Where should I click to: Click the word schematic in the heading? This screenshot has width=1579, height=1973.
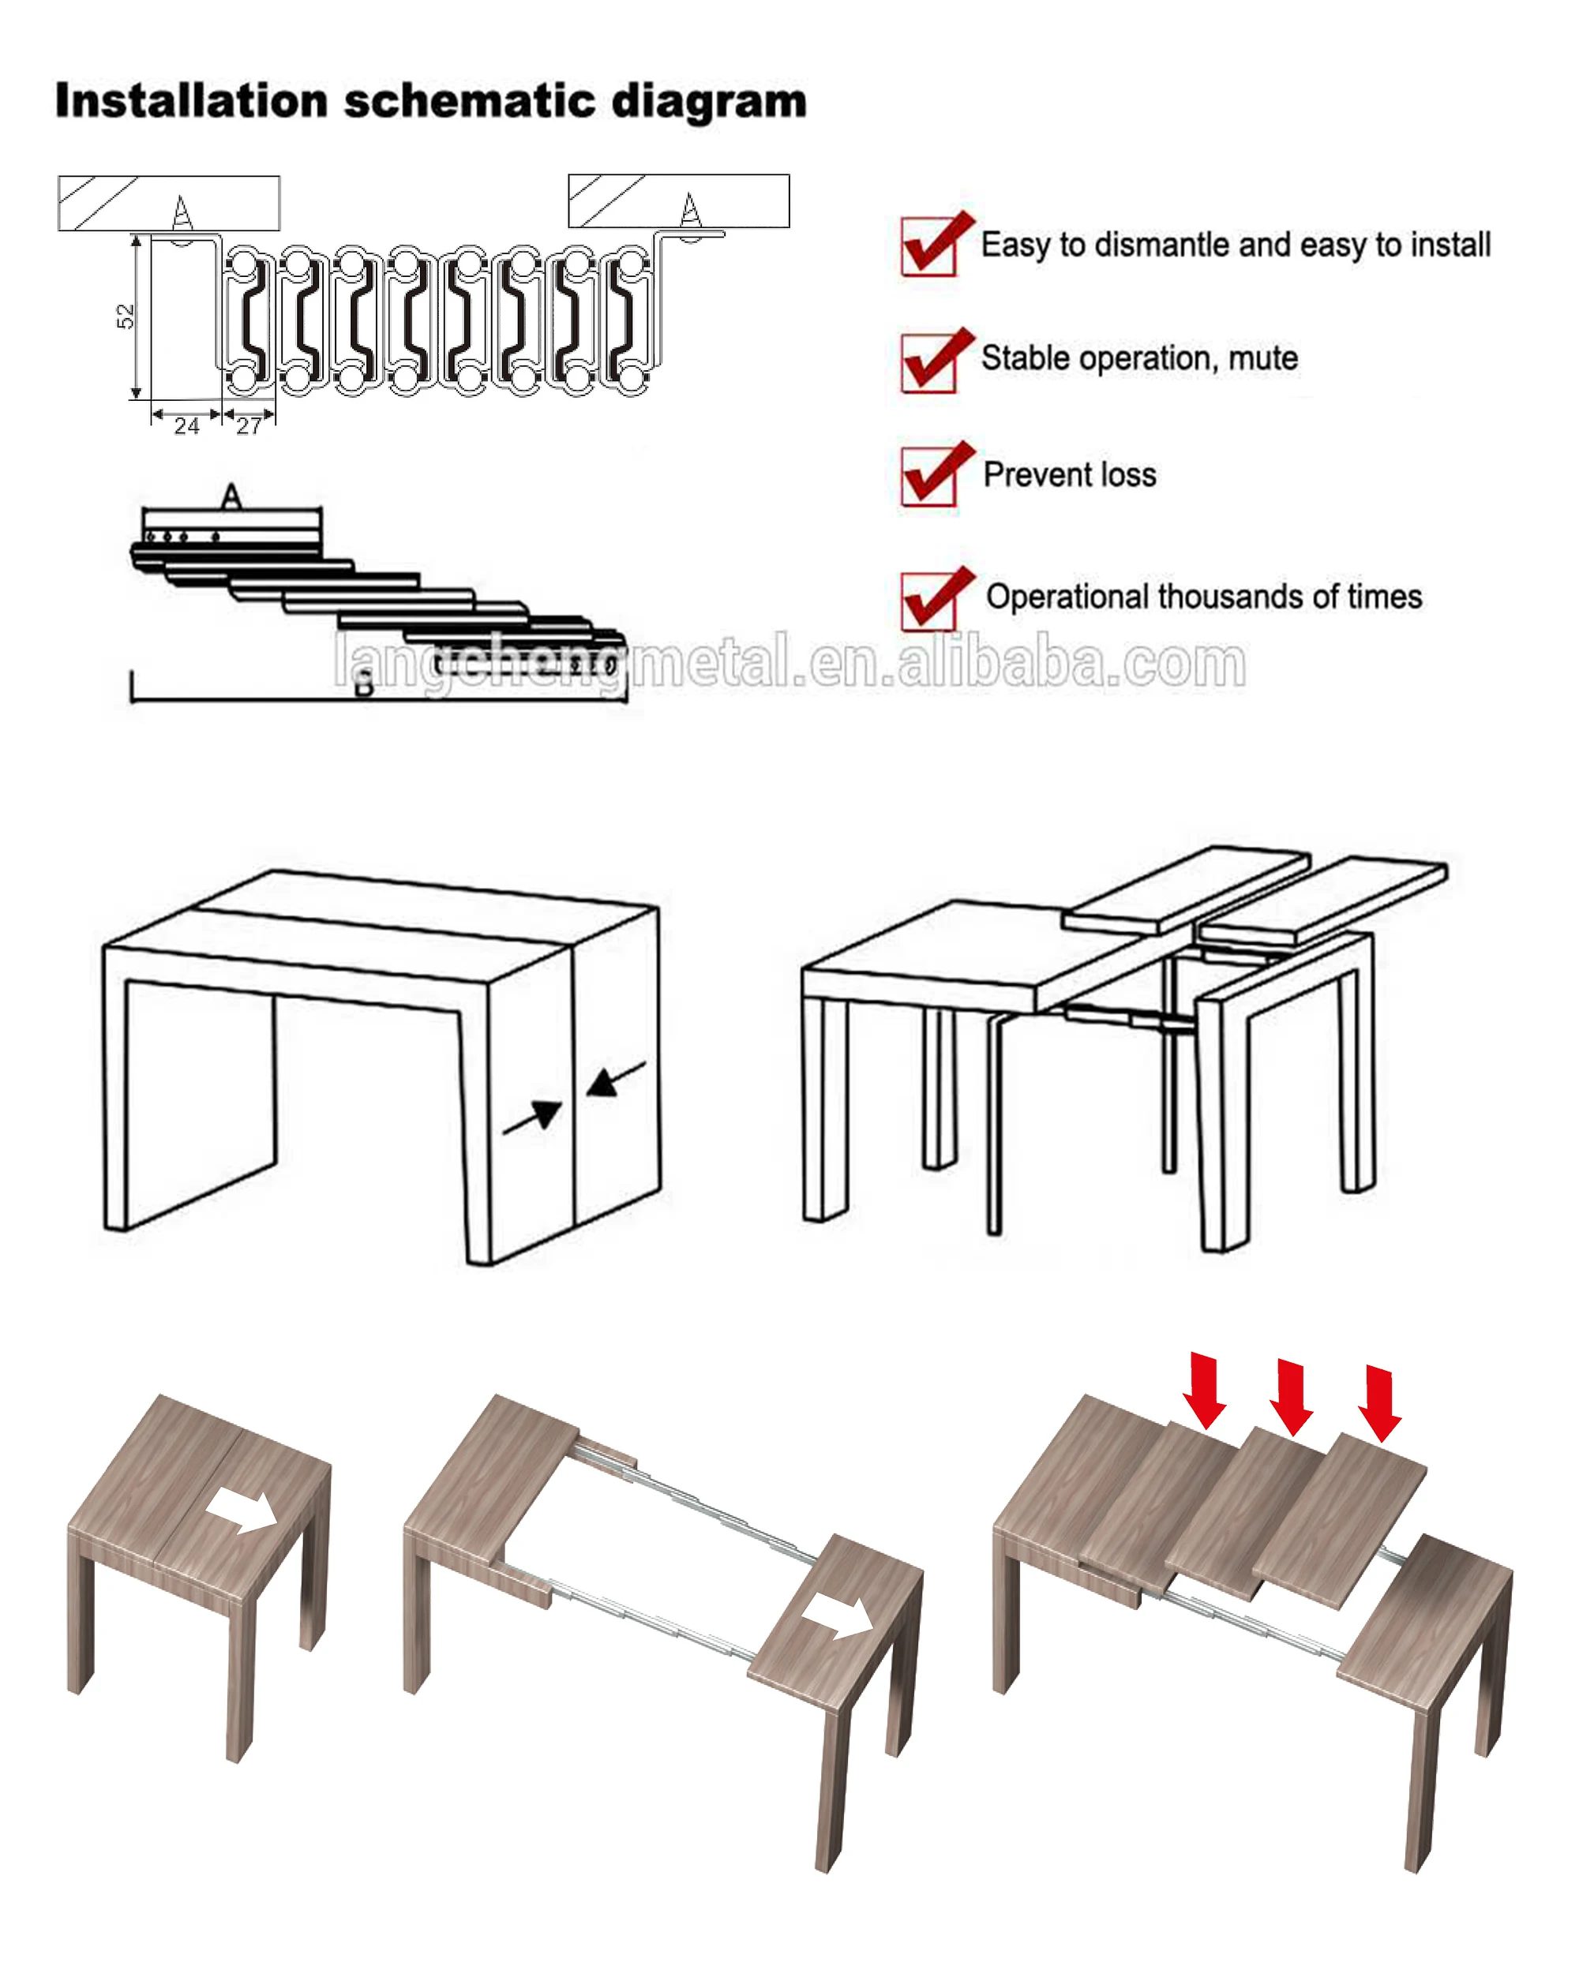470,101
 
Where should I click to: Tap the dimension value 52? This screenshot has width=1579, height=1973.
126,316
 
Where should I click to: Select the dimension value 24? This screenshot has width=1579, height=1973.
187,425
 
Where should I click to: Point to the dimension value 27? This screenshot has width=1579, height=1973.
249,425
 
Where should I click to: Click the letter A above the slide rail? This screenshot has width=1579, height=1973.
231,496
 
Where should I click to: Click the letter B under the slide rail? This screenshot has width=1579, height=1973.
364,683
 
